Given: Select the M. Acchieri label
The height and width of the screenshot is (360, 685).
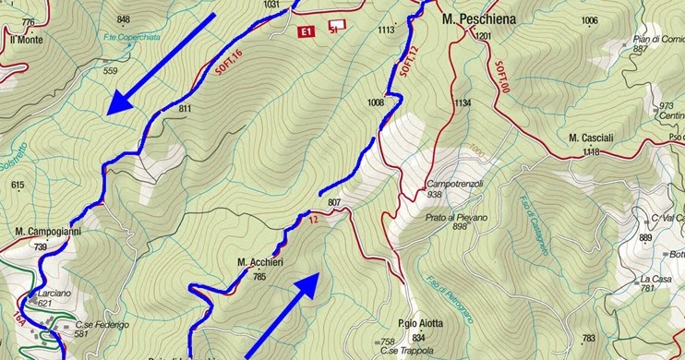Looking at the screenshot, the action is (259, 263).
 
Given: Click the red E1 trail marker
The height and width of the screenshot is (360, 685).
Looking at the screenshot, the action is (306, 32).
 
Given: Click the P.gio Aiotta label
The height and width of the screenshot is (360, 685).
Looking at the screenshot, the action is (421, 324).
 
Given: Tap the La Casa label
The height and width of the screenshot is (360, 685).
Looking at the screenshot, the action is (655, 278).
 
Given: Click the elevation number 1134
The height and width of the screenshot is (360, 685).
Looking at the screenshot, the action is (463, 102).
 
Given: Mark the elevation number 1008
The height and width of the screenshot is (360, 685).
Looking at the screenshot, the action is (375, 102).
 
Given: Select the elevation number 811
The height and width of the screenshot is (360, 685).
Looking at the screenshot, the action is (186, 109).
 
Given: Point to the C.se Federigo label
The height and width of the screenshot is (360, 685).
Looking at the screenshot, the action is (102, 324).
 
